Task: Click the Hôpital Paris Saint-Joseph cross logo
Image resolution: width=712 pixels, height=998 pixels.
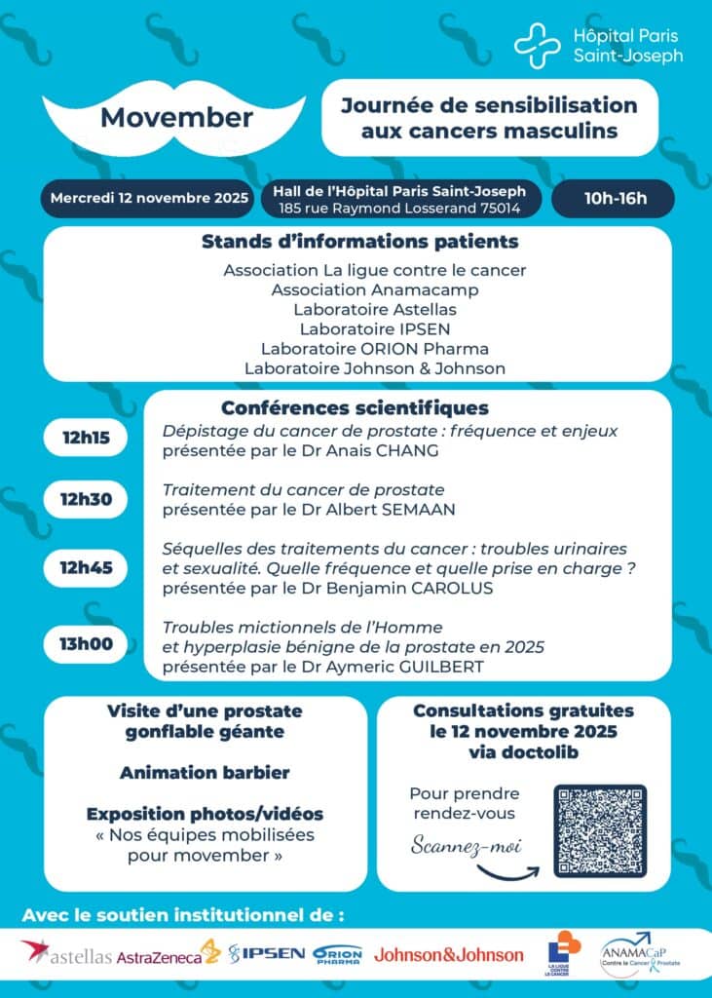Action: (x=535, y=45)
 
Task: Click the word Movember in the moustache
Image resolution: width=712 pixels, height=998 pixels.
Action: (x=176, y=119)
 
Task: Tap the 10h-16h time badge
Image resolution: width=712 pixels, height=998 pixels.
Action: (x=615, y=200)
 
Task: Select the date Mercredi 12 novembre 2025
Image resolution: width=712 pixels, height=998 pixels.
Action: (x=150, y=198)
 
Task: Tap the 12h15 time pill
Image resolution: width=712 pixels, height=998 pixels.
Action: (x=87, y=438)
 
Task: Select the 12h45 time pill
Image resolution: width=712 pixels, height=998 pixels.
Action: (x=87, y=566)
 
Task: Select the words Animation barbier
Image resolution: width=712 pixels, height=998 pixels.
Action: (x=205, y=772)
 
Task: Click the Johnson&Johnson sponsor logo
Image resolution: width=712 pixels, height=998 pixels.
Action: (x=447, y=954)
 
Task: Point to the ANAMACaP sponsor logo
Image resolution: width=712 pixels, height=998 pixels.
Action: (x=640, y=951)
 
